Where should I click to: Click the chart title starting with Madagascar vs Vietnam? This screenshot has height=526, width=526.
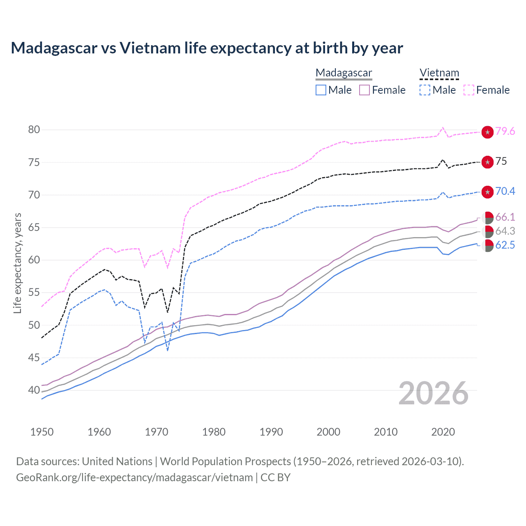point(207,48)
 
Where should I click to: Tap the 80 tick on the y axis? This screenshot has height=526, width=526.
point(34,130)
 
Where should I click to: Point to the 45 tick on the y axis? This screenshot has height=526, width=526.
point(34,358)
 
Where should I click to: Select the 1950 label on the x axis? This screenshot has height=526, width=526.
point(42,432)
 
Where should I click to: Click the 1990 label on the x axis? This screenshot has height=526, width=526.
point(271,432)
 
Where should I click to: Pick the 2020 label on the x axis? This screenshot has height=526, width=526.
point(443,432)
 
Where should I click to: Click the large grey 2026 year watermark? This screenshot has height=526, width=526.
point(433,393)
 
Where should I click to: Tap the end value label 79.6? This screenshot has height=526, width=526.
point(505,131)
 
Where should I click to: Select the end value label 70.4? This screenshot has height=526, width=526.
point(505,191)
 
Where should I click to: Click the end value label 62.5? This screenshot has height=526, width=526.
point(505,245)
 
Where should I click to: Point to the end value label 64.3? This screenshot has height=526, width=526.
point(505,231)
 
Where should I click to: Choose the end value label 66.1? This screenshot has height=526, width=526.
point(505,217)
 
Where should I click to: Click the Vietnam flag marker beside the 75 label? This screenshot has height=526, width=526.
point(487,162)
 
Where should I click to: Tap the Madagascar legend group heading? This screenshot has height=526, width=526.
point(344,73)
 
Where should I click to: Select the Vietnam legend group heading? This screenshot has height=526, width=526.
point(439,73)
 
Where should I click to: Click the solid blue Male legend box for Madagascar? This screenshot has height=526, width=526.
point(321,90)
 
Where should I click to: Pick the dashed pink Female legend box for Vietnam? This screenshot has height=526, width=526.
point(469,90)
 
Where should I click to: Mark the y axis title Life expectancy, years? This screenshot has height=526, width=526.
point(18,263)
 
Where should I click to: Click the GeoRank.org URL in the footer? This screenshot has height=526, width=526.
point(134,478)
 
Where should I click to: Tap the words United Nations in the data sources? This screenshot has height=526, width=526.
point(117,461)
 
